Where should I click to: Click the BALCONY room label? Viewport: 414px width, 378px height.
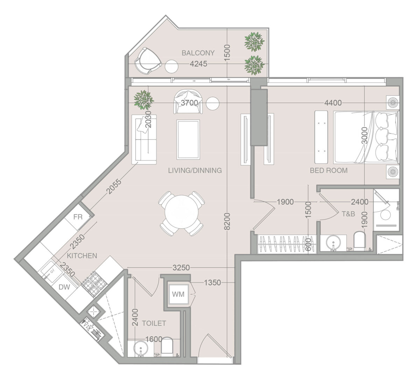[x=198, y=53]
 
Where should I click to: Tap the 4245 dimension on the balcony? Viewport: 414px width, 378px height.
[x=198, y=64]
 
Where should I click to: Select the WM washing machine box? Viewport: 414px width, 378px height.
[x=178, y=294]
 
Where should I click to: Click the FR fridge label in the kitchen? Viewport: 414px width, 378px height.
[x=78, y=217]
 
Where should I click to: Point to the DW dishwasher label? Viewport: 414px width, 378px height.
[x=64, y=287]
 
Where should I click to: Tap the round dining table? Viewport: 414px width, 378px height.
[x=182, y=213]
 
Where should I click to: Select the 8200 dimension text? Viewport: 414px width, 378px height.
[x=227, y=221]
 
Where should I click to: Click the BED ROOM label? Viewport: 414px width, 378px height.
[x=329, y=170]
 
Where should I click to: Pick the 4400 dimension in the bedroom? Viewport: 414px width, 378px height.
[x=333, y=103]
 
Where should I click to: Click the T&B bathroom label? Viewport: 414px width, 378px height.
[x=349, y=214]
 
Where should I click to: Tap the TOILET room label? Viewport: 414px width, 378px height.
[x=154, y=323]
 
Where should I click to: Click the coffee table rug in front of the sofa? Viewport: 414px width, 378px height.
[x=188, y=139]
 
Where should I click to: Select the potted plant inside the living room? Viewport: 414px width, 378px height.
[x=143, y=100]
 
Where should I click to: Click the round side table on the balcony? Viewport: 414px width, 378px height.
[x=172, y=66]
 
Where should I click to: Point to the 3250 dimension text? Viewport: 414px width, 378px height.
[x=181, y=268]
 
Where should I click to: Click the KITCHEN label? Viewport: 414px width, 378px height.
[x=82, y=256]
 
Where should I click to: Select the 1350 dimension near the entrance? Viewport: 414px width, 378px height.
[x=212, y=283]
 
